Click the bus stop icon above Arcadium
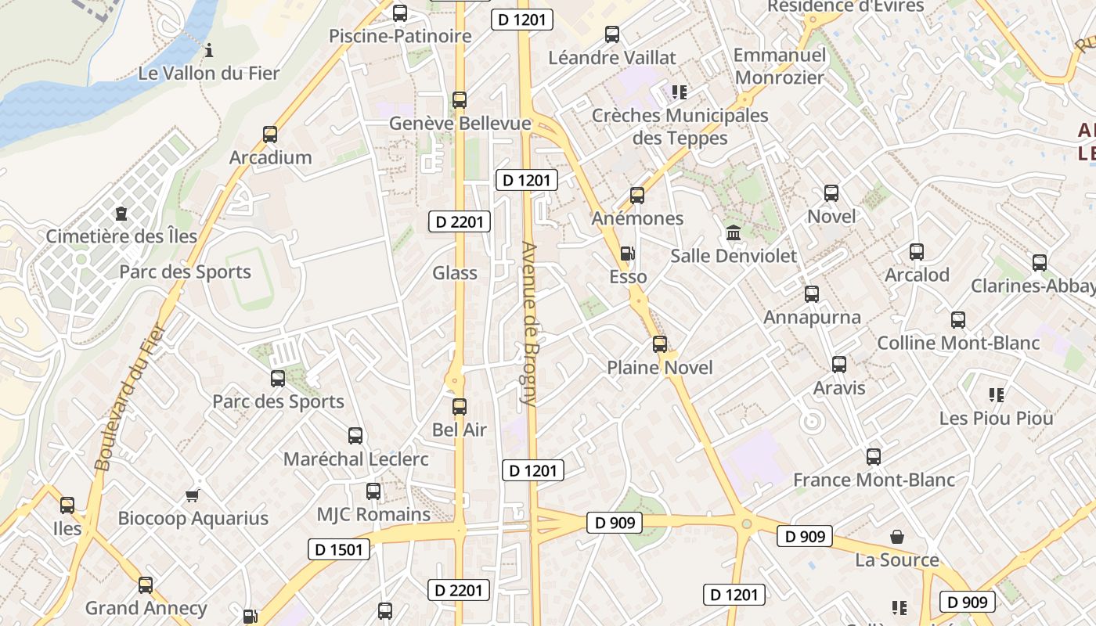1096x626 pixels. (x=270, y=134)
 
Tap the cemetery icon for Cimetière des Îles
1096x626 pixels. (x=121, y=213)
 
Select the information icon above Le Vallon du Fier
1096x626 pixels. (x=209, y=52)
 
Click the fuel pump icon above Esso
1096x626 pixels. (x=628, y=254)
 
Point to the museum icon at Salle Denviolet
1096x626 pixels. (x=734, y=233)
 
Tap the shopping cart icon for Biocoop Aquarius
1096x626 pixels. (x=193, y=495)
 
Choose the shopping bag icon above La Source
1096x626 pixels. (x=897, y=537)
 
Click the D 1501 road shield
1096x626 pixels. (x=339, y=549)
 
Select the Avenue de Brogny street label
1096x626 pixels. (x=529, y=324)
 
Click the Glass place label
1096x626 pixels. (x=455, y=272)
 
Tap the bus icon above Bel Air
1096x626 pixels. (x=460, y=407)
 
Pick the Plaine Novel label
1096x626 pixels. (x=660, y=367)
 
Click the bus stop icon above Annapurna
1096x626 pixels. (x=812, y=294)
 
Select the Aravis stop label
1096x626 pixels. (x=839, y=387)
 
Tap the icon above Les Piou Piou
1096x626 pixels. (x=997, y=395)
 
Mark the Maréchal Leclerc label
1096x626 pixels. (x=356, y=459)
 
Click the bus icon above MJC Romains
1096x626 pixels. (x=373, y=491)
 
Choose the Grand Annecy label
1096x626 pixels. (x=146, y=607)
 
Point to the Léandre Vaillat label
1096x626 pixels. (x=612, y=57)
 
